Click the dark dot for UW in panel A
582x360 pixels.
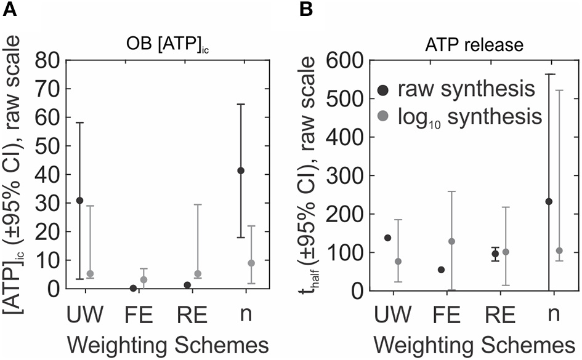tap(80, 201)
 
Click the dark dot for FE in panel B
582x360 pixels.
tap(442, 270)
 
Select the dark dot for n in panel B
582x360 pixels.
tap(549, 201)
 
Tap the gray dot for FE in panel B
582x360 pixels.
tap(451, 241)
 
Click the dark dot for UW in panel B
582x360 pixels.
tap(388, 238)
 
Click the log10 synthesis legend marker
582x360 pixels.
tap(385, 116)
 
